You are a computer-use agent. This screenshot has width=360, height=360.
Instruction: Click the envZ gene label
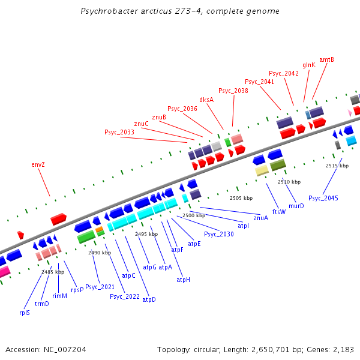[38, 164]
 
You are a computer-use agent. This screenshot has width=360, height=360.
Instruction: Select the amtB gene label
[326, 59]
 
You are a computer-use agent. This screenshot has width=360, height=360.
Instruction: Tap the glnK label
[309, 65]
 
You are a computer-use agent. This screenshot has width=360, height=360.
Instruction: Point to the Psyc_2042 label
[284, 73]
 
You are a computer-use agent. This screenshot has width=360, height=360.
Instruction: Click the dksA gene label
[206, 100]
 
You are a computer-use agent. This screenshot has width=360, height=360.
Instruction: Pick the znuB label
[159, 117]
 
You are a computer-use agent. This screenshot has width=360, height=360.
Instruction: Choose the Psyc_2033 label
[119, 132]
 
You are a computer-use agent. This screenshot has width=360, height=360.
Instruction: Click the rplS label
[25, 312]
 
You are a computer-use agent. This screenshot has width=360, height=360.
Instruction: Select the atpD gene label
[149, 299]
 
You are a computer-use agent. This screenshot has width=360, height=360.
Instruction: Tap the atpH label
[183, 280]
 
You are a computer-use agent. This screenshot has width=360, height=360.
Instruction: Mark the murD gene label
[296, 206]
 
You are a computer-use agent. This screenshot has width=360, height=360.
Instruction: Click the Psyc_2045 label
[323, 198]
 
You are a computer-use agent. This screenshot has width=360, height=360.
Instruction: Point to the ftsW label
[279, 212]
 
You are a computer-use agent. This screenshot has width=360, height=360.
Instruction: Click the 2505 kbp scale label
[240, 197]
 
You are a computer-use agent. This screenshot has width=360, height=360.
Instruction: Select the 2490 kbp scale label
[100, 253]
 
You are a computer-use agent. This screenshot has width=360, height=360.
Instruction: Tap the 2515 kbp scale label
[337, 166]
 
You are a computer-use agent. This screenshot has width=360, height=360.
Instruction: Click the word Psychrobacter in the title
[106, 11]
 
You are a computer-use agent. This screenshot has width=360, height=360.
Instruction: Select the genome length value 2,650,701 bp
[264, 349]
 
